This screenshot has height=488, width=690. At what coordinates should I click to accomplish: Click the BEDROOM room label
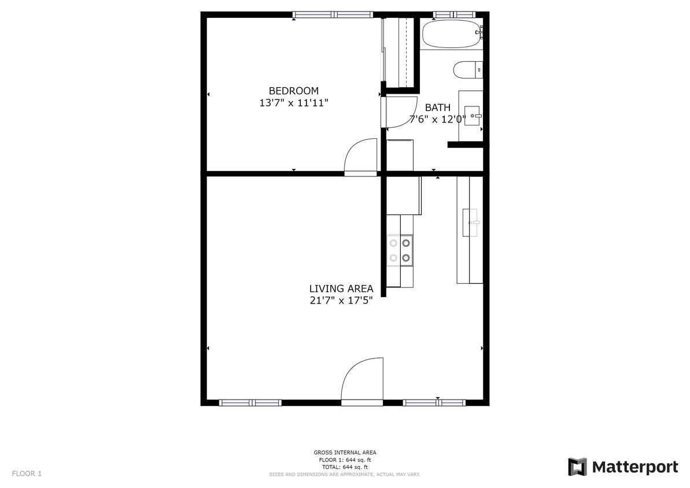pyautogui.click(x=293, y=91)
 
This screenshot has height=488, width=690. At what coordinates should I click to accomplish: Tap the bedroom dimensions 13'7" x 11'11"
pyautogui.click(x=294, y=103)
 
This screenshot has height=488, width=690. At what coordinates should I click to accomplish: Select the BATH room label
pyautogui.click(x=437, y=108)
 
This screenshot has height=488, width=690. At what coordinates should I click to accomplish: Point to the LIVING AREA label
pyautogui.click(x=341, y=289)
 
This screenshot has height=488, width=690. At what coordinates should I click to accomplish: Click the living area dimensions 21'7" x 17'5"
pyautogui.click(x=341, y=301)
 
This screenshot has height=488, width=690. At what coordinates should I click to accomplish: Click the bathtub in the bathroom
pyautogui.click(x=451, y=34)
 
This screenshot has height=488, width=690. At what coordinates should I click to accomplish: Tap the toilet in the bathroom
pyautogui.click(x=468, y=71)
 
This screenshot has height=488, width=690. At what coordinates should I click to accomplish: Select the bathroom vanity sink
pyautogui.click(x=473, y=116)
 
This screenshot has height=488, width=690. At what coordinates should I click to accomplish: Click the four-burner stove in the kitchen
pyautogui.click(x=400, y=250)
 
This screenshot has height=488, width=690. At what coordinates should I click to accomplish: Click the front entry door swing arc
pyautogui.click(x=362, y=380)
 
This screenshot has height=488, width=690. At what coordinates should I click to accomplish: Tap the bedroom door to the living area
pyautogui.click(x=361, y=156)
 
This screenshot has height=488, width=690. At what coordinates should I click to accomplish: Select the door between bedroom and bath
pyautogui.click(x=400, y=112)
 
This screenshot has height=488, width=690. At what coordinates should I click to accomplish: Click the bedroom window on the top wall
pyautogui.click(x=332, y=14)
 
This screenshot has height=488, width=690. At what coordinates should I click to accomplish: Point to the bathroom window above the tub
pyautogui.click(x=454, y=14)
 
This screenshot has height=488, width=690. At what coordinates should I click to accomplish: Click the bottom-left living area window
pyautogui.click(x=250, y=402)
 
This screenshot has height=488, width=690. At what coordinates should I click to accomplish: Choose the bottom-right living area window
pyautogui.click(x=434, y=402)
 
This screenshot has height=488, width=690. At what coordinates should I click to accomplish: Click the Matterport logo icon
pyautogui.click(x=577, y=467)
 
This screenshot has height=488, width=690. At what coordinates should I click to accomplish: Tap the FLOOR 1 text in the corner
pyautogui.click(x=27, y=474)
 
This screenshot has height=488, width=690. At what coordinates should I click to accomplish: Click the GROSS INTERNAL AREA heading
pyautogui.click(x=345, y=453)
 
